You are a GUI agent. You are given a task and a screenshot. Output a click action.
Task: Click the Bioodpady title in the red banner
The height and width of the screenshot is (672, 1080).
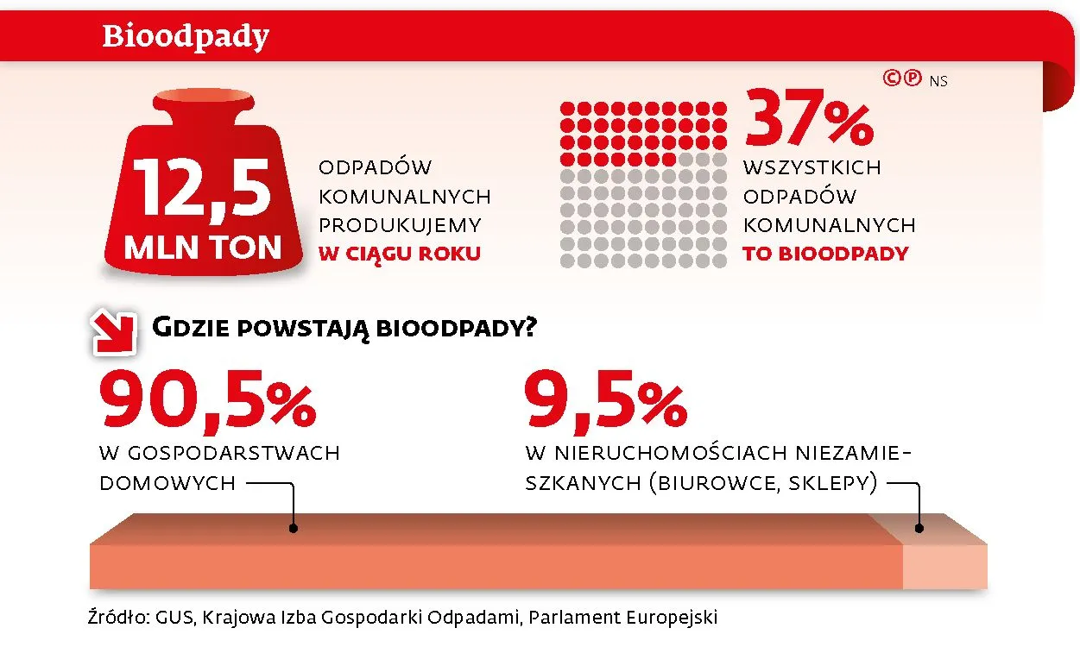[186, 36]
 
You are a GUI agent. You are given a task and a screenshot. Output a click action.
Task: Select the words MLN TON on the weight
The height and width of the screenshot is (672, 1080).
[203, 248]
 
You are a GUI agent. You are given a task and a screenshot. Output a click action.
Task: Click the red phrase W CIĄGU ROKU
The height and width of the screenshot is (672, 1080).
[399, 254]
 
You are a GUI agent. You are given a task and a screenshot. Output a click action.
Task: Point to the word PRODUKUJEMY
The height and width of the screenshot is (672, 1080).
[400, 225]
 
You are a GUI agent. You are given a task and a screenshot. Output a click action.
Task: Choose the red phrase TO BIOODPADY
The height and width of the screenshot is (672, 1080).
[825, 254]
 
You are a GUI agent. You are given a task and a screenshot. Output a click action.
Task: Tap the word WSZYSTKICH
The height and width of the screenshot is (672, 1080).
[812, 166]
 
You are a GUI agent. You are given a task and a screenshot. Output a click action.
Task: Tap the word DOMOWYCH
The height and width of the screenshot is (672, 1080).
[167, 483]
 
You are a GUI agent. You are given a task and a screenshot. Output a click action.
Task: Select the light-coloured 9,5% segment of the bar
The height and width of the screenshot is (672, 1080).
[944, 565]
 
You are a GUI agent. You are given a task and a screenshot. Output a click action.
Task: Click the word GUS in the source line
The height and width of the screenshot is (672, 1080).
[173, 618]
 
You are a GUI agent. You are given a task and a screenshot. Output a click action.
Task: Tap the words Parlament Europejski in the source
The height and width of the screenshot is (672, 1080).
[623, 618]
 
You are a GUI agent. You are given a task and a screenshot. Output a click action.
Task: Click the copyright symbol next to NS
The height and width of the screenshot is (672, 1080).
[892, 79]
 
